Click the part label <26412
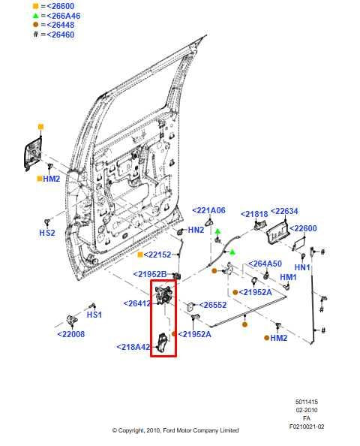coord(137,304)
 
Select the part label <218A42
coord(133,347)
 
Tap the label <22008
coord(71,334)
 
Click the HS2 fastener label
coord(47,234)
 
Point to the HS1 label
coord(94,315)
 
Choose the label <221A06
coord(208,211)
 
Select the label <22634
coord(284,211)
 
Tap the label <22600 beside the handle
coord(303,228)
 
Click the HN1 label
coord(302,267)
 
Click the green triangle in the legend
coord(35,15)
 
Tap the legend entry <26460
coord(57,35)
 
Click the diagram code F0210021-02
coord(307,426)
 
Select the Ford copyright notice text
coord(175,430)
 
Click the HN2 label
coord(196,230)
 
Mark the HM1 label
coord(289,277)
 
